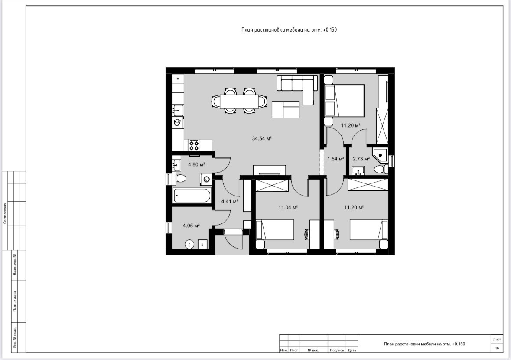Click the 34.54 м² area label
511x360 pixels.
pos(262,138)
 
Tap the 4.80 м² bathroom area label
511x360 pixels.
pos(196,164)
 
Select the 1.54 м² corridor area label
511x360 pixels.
pos(335,159)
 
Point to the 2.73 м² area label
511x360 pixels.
pos(361,159)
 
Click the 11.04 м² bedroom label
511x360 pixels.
pos(288,207)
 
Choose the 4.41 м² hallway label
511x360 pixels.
pos(230,201)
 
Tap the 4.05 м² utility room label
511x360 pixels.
pos(191,226)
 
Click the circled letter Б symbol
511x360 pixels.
pos(189,244)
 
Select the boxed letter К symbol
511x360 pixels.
pos(203,244)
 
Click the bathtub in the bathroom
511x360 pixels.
pos(192,196)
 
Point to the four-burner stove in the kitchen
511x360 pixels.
pos(194,145)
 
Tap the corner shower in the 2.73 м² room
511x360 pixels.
pos(380,155)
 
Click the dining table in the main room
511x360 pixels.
pos(239,101)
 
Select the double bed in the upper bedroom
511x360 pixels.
pos(345,101)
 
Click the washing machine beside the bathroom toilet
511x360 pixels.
pos(206,179)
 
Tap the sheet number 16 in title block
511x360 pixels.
pos(497,348)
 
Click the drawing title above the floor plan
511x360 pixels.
pos(289,30)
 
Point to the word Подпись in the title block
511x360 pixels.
pos(337,350)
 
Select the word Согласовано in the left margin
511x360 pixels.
pos(5,213)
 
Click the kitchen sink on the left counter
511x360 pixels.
pos(178,110)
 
